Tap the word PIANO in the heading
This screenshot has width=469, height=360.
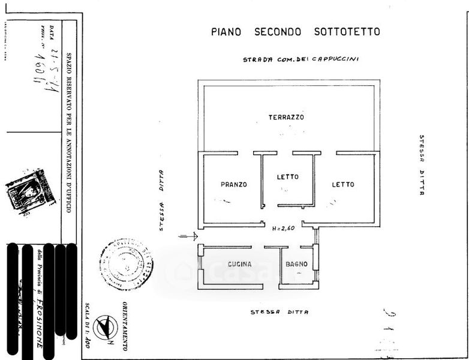[226, 32]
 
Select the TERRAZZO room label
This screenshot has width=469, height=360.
[286, 118]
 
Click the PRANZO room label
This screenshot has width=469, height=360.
[233, 185]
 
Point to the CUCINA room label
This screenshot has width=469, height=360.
[239, 264]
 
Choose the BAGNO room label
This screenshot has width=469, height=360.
[296, 264]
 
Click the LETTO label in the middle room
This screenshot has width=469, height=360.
[287, 177]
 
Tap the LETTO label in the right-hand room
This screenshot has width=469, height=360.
[343, 185]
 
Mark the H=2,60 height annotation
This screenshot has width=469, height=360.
[283, 229]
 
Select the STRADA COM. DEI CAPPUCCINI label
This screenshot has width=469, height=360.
[300, 60]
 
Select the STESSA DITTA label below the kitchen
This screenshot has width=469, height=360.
[279, 313]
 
